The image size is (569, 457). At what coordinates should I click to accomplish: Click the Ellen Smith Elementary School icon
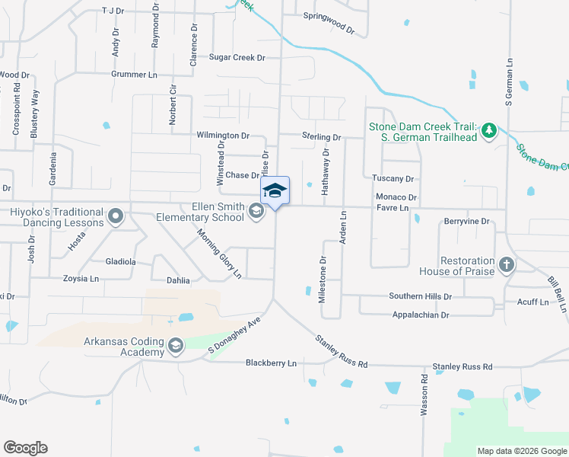coord(257,213)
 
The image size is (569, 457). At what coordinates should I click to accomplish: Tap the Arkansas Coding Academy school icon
coord(176,347)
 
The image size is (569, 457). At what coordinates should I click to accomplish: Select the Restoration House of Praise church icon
coord(506,264)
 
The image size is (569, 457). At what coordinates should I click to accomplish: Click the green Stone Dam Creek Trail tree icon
coord(489,131)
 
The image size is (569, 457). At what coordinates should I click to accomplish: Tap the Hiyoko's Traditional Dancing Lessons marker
coord(116,217)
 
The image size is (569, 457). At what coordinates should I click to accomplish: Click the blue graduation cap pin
coord(275,192)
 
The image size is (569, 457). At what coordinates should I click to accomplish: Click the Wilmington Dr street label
coord(223,135)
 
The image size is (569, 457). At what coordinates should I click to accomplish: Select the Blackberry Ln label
coord(271,363)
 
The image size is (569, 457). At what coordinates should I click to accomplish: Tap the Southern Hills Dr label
coord(421,296)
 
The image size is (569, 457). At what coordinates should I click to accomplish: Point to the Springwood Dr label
coord(329,24)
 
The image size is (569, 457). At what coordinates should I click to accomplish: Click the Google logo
coord(25,448)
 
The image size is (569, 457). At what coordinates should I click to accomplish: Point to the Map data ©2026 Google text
coord(521,451)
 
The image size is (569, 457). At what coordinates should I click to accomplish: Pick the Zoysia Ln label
coord(83,280)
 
